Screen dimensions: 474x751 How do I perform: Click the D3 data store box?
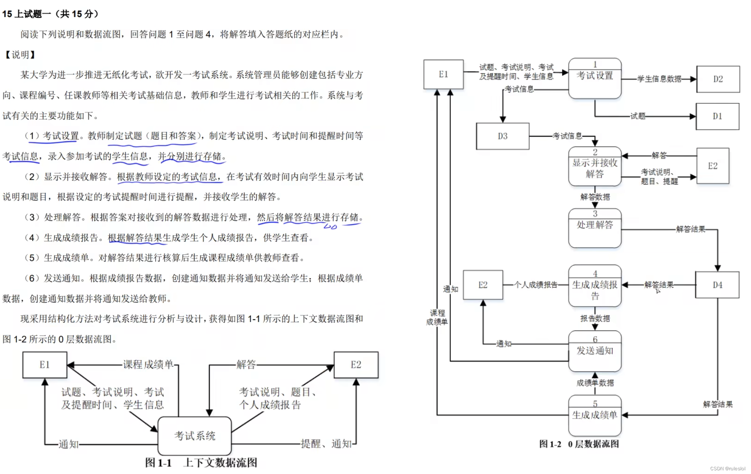[x=502, y=136]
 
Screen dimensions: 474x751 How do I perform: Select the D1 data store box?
[x=717, y=116]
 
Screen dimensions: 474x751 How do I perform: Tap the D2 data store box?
[x=718, y=79]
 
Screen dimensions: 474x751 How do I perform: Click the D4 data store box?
[x=717, y=285]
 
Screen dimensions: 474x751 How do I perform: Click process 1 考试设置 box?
[x=595, y=78]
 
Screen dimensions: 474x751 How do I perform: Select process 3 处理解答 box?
[x=595, y=228]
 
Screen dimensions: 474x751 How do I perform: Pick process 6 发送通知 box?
[x=595, y=351]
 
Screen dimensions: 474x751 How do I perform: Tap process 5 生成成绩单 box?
[x=595, y=416]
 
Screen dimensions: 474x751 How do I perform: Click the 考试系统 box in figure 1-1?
[x=195, y=436]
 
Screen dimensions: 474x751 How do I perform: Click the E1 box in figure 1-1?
[x=45, y=365]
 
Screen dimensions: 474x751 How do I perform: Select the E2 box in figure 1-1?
[x=356, y=365]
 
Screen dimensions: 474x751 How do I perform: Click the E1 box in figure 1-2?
[x=443, y=74]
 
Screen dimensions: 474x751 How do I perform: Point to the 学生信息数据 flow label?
[x=659, y=79]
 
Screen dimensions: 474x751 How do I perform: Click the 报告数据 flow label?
[x=595, y=319]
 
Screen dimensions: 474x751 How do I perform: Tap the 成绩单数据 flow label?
[x=595, y=383]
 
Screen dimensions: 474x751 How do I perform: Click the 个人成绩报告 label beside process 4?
[x=536, y=285]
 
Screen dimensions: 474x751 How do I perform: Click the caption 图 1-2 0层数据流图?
[x=579, y=444]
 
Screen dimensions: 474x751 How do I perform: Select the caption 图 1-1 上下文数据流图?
[x=201, y=463]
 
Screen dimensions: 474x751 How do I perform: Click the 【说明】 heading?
[x=20, y=55]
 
